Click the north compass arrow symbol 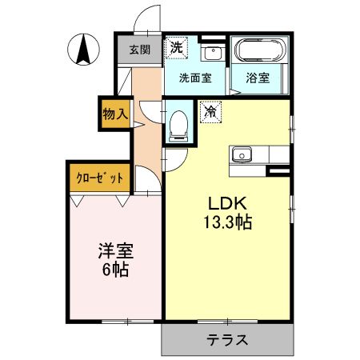(x=83, y=50)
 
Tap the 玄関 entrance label (x=140, y=50)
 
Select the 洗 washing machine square (x=177, y=48)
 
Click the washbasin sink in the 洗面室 (x=213, y=52)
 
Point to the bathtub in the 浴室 (x=260, y=50)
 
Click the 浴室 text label (x=258, y=78)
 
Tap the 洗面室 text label (x=195, y=78)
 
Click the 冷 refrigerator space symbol (x=211, y=112)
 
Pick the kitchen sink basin (x=242, y=154)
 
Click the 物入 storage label (x=115, y=114)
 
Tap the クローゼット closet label (x=100, y=178)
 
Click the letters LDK (x=227, y=204)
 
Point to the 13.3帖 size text (x=228, y=222)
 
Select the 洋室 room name (x=116, y=251)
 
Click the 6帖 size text (x=116, y=270)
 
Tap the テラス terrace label (x=227, y=339)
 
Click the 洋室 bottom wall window (x=128, y=322)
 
